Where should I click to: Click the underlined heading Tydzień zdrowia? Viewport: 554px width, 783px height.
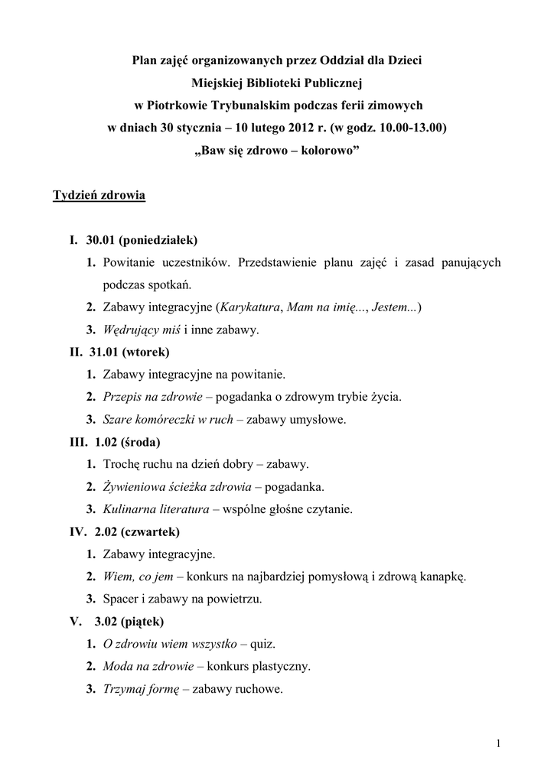pos(99,195)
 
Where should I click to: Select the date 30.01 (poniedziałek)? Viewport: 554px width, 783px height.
pos(142,240)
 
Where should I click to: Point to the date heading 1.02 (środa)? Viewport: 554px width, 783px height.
pos(127,442)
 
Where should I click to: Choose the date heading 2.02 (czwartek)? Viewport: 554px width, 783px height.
pos(138,531)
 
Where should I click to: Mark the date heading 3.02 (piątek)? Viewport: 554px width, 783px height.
pos(129,621)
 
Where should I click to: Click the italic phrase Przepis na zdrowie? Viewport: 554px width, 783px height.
pos(152,397)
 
